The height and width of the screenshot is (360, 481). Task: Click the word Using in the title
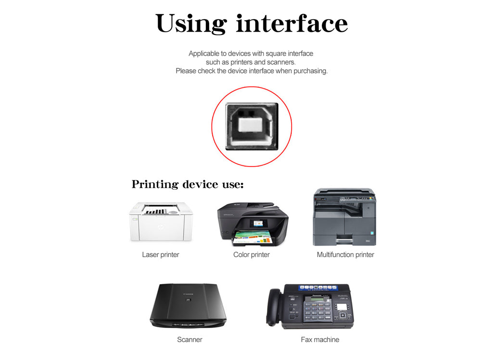tap(191, 24)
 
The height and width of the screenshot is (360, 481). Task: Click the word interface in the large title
tap(292, 23)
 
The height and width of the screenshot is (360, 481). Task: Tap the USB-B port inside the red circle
tap(252, 126)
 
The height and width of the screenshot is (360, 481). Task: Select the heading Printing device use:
tap(188, 184)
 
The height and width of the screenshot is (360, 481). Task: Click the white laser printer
tap(161, 222)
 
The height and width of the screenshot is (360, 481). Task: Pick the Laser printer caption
tap(161, 255)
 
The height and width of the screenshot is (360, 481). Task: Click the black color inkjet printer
tap(253, 224)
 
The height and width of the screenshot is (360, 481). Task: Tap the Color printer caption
tap(251, 255)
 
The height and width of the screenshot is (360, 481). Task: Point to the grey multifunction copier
tap(344, 217)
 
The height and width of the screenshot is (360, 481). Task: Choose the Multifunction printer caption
tap(345, 255)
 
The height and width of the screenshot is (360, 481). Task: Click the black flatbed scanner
tap(188, 306)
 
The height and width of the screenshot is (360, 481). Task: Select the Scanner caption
tap(190, 339)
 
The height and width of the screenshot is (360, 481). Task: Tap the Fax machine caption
tap(320, 339)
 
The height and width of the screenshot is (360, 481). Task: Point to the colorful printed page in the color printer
tap(252, 238)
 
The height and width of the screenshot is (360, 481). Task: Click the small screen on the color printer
tap(258, 223)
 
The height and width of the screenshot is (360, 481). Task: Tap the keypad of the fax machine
tap(317, 311)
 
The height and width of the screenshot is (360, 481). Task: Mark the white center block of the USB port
tap(250, 125)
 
